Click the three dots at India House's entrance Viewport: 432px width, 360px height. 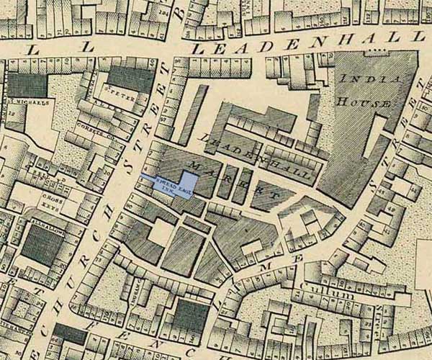[x=374, y=53]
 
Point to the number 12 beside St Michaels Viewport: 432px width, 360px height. [x=12, y=114]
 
